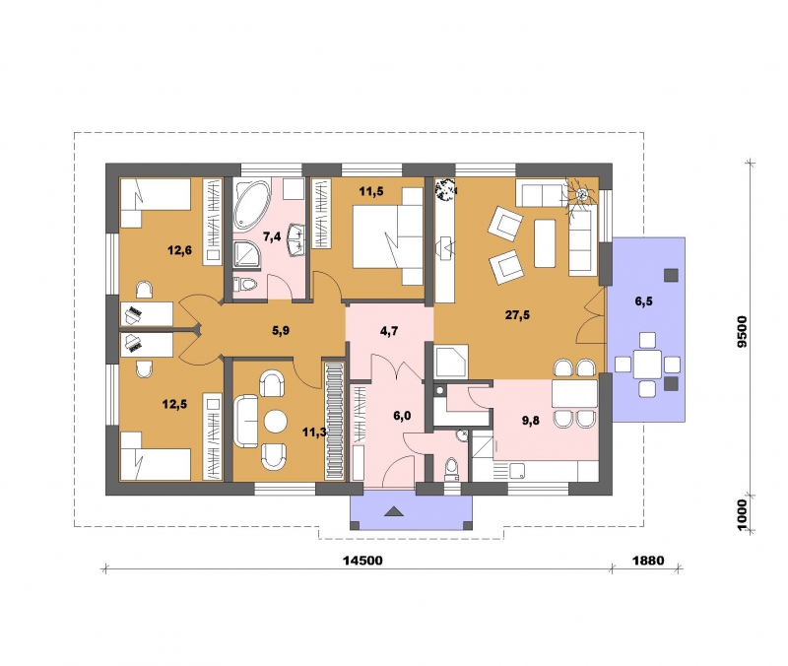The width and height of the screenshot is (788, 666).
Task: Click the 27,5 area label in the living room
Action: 517,315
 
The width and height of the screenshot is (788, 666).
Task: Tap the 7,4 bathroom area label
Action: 272,236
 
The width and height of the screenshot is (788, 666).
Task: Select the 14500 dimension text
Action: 362,560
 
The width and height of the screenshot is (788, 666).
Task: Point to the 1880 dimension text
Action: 648,560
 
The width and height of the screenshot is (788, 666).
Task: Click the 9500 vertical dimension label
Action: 743,331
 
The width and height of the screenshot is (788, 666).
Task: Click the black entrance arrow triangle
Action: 394,511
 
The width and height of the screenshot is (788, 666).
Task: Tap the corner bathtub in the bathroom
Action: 251,206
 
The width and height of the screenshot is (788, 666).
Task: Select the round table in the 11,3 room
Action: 276,422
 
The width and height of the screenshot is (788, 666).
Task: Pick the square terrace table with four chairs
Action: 647,364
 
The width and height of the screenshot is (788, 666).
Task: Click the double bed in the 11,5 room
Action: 388,236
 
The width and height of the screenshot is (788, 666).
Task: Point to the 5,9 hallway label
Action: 281,330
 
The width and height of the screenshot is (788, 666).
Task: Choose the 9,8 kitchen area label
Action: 530,421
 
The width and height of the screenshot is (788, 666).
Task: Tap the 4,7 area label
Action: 389,330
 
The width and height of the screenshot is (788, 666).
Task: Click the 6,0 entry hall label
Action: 402,416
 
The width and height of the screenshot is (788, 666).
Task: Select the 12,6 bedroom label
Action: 179,250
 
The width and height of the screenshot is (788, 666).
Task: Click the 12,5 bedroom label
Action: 174,404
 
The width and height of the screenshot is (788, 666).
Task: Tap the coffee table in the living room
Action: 545,243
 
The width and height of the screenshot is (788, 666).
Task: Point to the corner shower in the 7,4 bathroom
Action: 245,254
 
